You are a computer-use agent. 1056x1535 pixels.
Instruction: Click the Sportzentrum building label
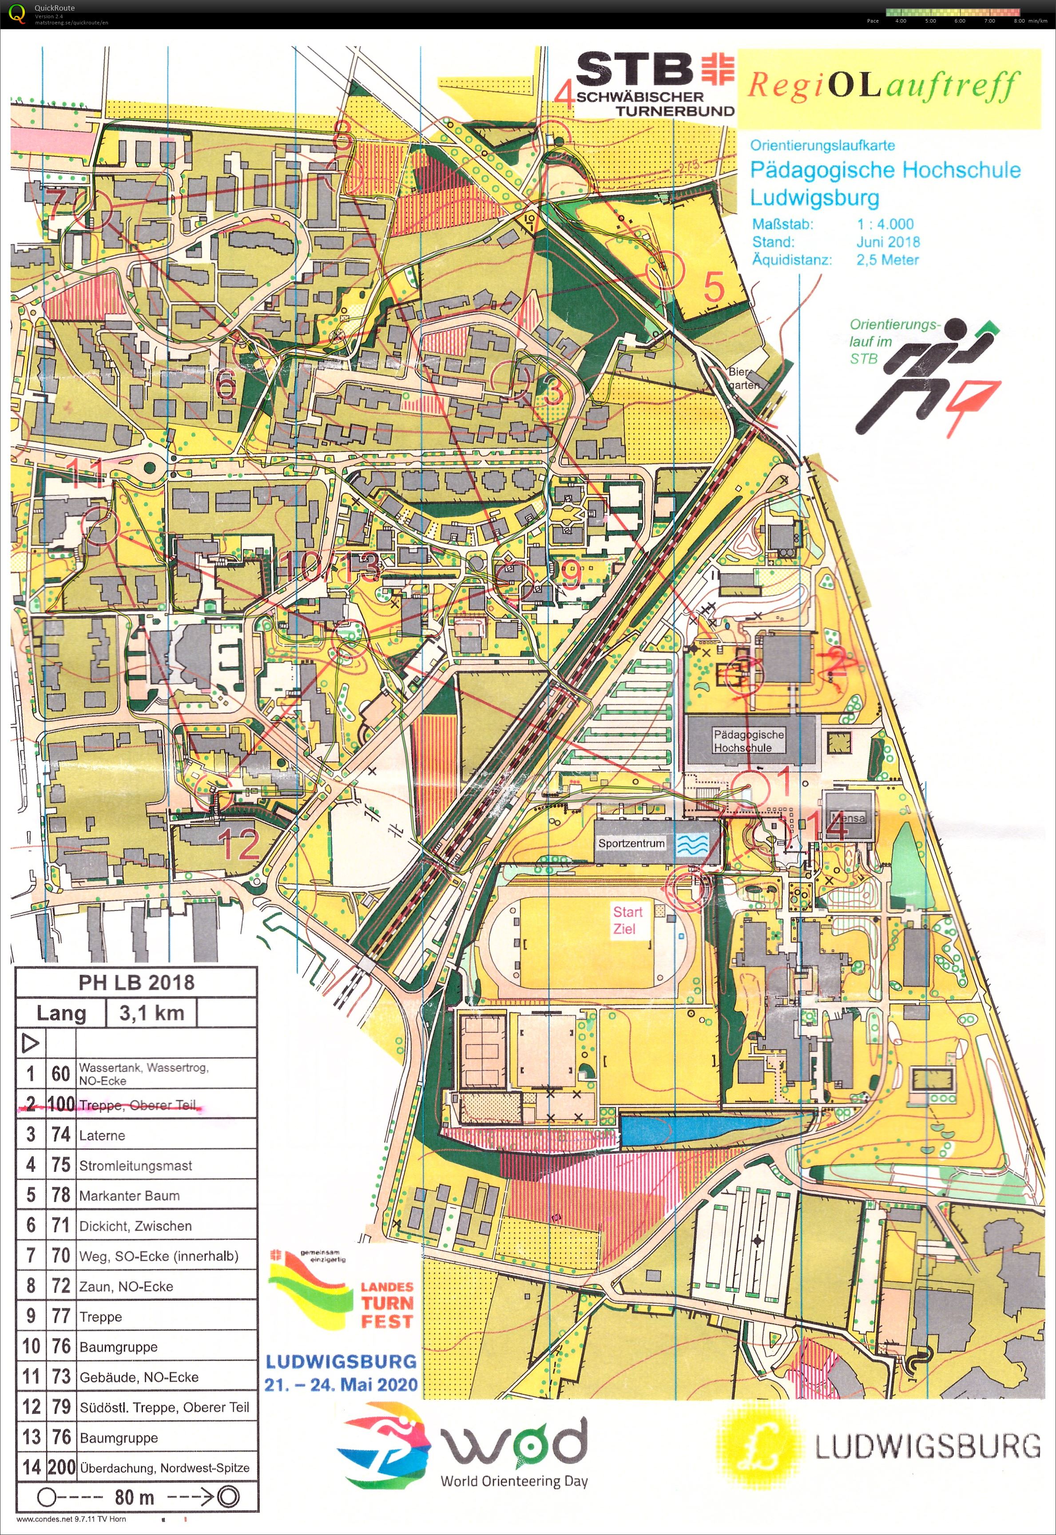coord(631,843)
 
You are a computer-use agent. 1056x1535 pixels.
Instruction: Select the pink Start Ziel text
coord(627,920)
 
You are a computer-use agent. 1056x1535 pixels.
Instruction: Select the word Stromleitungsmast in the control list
coord(135,1165)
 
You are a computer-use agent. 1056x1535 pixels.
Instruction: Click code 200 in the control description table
coord(61,1467)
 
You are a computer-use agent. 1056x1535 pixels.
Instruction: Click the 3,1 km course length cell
coord(151,1013)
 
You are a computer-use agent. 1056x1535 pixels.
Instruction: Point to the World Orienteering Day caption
coord(514,1481)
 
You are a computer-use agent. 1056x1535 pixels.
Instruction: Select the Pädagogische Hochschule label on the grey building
coord(748,741)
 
